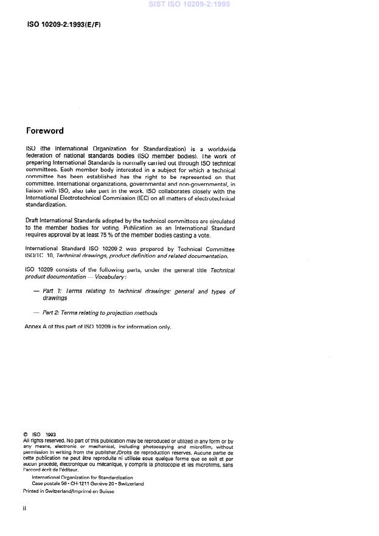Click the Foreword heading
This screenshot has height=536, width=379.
[x=44, y=130]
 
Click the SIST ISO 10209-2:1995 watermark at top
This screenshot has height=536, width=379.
[x=189, y=4]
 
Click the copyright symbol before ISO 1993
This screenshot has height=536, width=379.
[x=26, y=435]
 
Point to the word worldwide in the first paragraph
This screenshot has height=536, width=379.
[x=219, y=149]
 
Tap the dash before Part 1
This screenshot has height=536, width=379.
[x=37, y=292]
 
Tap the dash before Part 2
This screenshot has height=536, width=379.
[x=37, y=313]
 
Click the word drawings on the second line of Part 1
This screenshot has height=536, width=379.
[x=55, y=298]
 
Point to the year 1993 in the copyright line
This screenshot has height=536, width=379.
[x=50, y=435]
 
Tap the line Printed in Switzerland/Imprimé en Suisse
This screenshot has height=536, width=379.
[x=68, y=491]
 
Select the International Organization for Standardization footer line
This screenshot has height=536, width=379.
[x=82, y=478]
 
